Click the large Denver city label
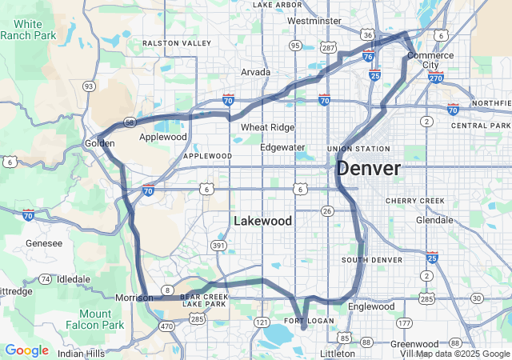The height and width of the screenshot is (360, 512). [368, 169]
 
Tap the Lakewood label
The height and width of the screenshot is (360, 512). [262, 220]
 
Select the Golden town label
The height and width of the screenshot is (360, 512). [100, 143]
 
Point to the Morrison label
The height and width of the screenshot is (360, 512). [134, 298]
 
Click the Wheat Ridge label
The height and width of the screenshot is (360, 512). [267, 127]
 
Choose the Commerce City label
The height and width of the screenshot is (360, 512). [430, 60]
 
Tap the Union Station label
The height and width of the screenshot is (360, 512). [358, 149]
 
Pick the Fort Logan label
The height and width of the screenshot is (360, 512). [302, 321]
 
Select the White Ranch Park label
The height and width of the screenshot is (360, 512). [27, 30]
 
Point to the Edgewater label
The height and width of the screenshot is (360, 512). [282, 147]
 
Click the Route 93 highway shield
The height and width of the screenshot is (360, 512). [89, 86]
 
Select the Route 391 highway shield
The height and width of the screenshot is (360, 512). [219, 245]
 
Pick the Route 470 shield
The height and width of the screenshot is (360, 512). [166, 326]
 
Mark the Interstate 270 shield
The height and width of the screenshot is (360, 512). [436, 78]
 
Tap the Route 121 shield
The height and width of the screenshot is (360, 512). [262, 321]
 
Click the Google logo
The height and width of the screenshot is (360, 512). [26, 350]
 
